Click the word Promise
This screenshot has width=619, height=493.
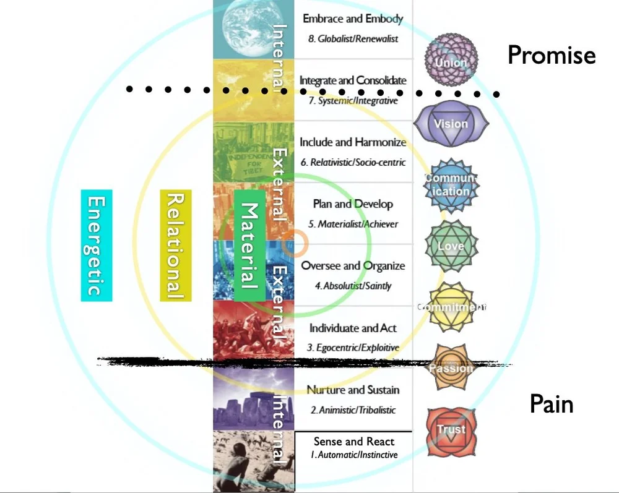[x=552, y=55]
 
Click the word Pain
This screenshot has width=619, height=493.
[x=552, y=404]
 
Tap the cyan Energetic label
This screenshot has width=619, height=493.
[x=97, y=245]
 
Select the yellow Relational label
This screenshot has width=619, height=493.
[x=175, y=245]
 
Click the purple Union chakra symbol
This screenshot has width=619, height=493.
[x=451, y=61]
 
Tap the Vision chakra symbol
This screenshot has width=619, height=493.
[x=451, y=123]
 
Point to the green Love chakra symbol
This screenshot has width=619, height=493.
[x=451, y=247]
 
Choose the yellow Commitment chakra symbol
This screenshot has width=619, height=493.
[x=451, y=307]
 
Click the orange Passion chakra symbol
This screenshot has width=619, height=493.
[x=451, y=367]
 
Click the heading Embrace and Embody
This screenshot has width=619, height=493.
[x=352, y=19]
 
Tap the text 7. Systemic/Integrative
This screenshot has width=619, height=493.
[x=353, y=100]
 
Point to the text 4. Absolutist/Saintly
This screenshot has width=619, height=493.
[x=352, y=286]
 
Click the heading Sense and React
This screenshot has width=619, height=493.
[x=353, y=442]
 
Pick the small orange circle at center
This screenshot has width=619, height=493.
[x=295, y=244]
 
